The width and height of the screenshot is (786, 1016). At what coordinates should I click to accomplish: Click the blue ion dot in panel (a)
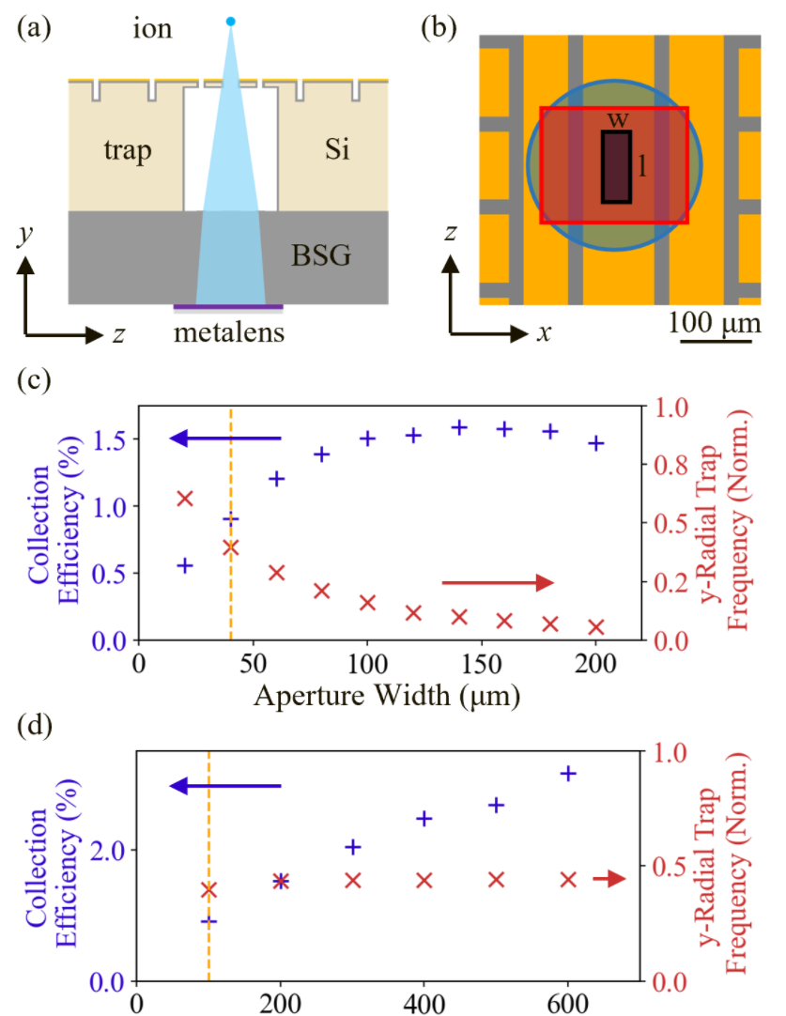pyautogui.click(x=231, y=21)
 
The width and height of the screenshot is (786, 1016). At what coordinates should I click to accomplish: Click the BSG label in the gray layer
pyautogui.click(x=320, y=254)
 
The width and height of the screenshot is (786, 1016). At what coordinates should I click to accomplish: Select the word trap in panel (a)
pyautogui.click(x=126, y=149)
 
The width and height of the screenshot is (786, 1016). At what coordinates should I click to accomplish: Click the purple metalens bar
pyautogui.click(x=228, y=306)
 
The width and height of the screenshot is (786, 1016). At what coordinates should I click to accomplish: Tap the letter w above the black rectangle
pyautogui.click(x=617, y=120)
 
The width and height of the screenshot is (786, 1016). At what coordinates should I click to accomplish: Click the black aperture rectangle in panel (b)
pyautogui.click(x=616, y=167)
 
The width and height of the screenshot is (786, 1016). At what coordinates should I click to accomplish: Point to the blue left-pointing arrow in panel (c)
pyautogui.click(x=225, y=439)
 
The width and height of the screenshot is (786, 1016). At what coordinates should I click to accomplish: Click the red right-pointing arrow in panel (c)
pyautogui.click(x=499, y=583)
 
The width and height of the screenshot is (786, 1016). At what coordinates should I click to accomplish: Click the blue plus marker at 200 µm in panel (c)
pyautogui.click(x=596, y=443)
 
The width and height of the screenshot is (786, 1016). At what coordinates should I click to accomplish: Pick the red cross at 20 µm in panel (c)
pyautogui.click(x=185, y=498)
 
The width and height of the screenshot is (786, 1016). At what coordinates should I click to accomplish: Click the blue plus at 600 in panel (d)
pyautogui.click(x=567, y=773)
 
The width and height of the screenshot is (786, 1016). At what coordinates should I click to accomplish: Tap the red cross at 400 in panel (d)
pyautogui.click(x=424, y=880)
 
